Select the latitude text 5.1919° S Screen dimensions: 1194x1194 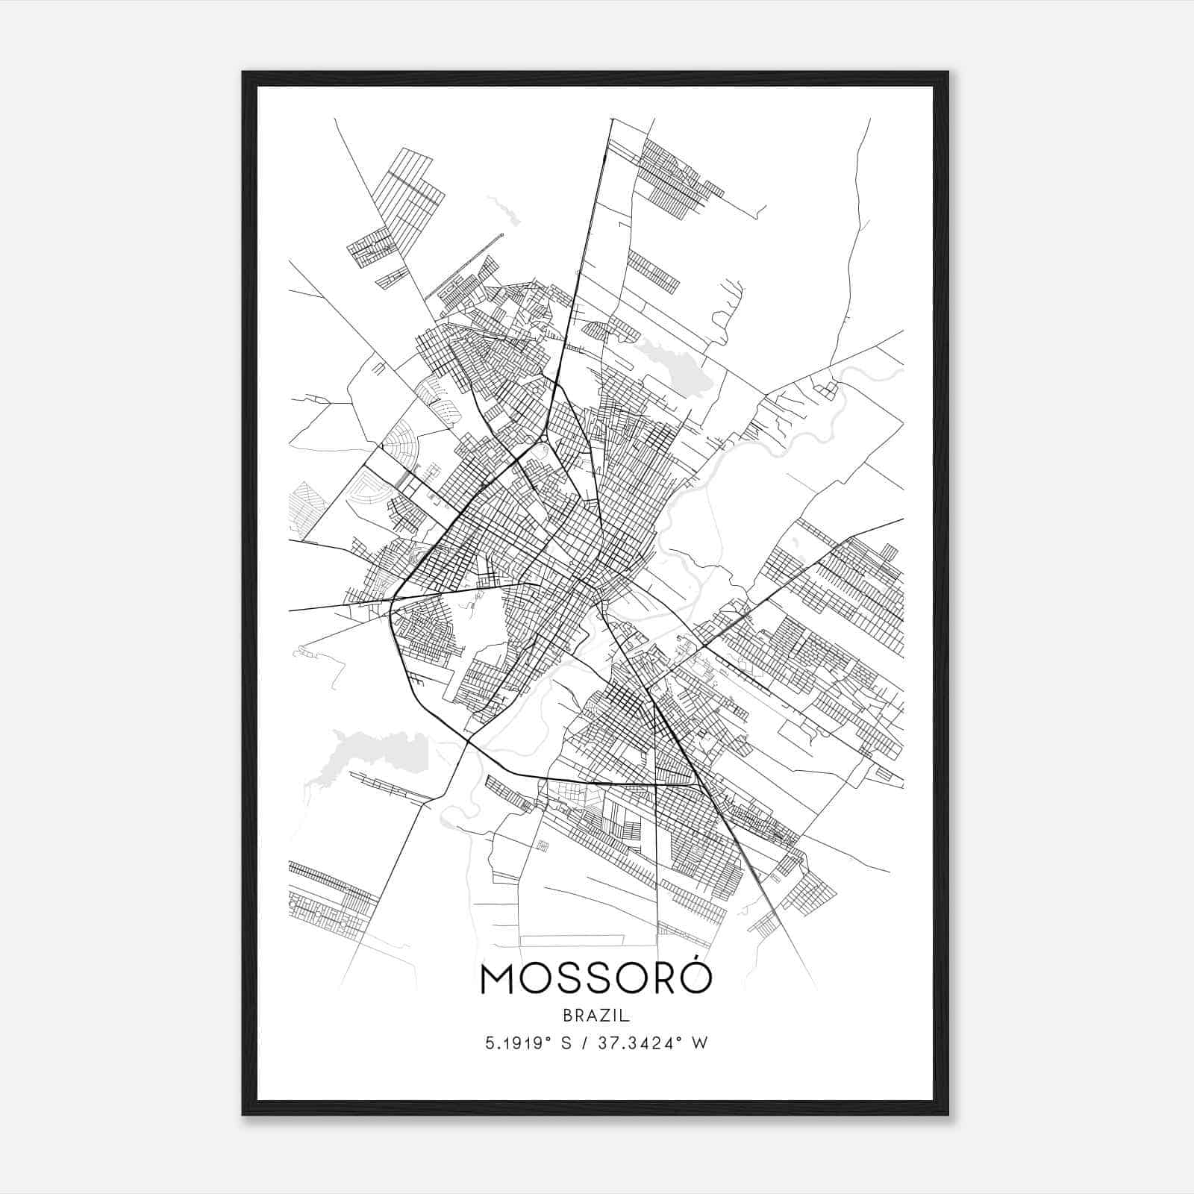point(528,1043)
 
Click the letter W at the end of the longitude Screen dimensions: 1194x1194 point(700,1043)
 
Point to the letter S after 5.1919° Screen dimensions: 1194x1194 point(566,1043)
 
